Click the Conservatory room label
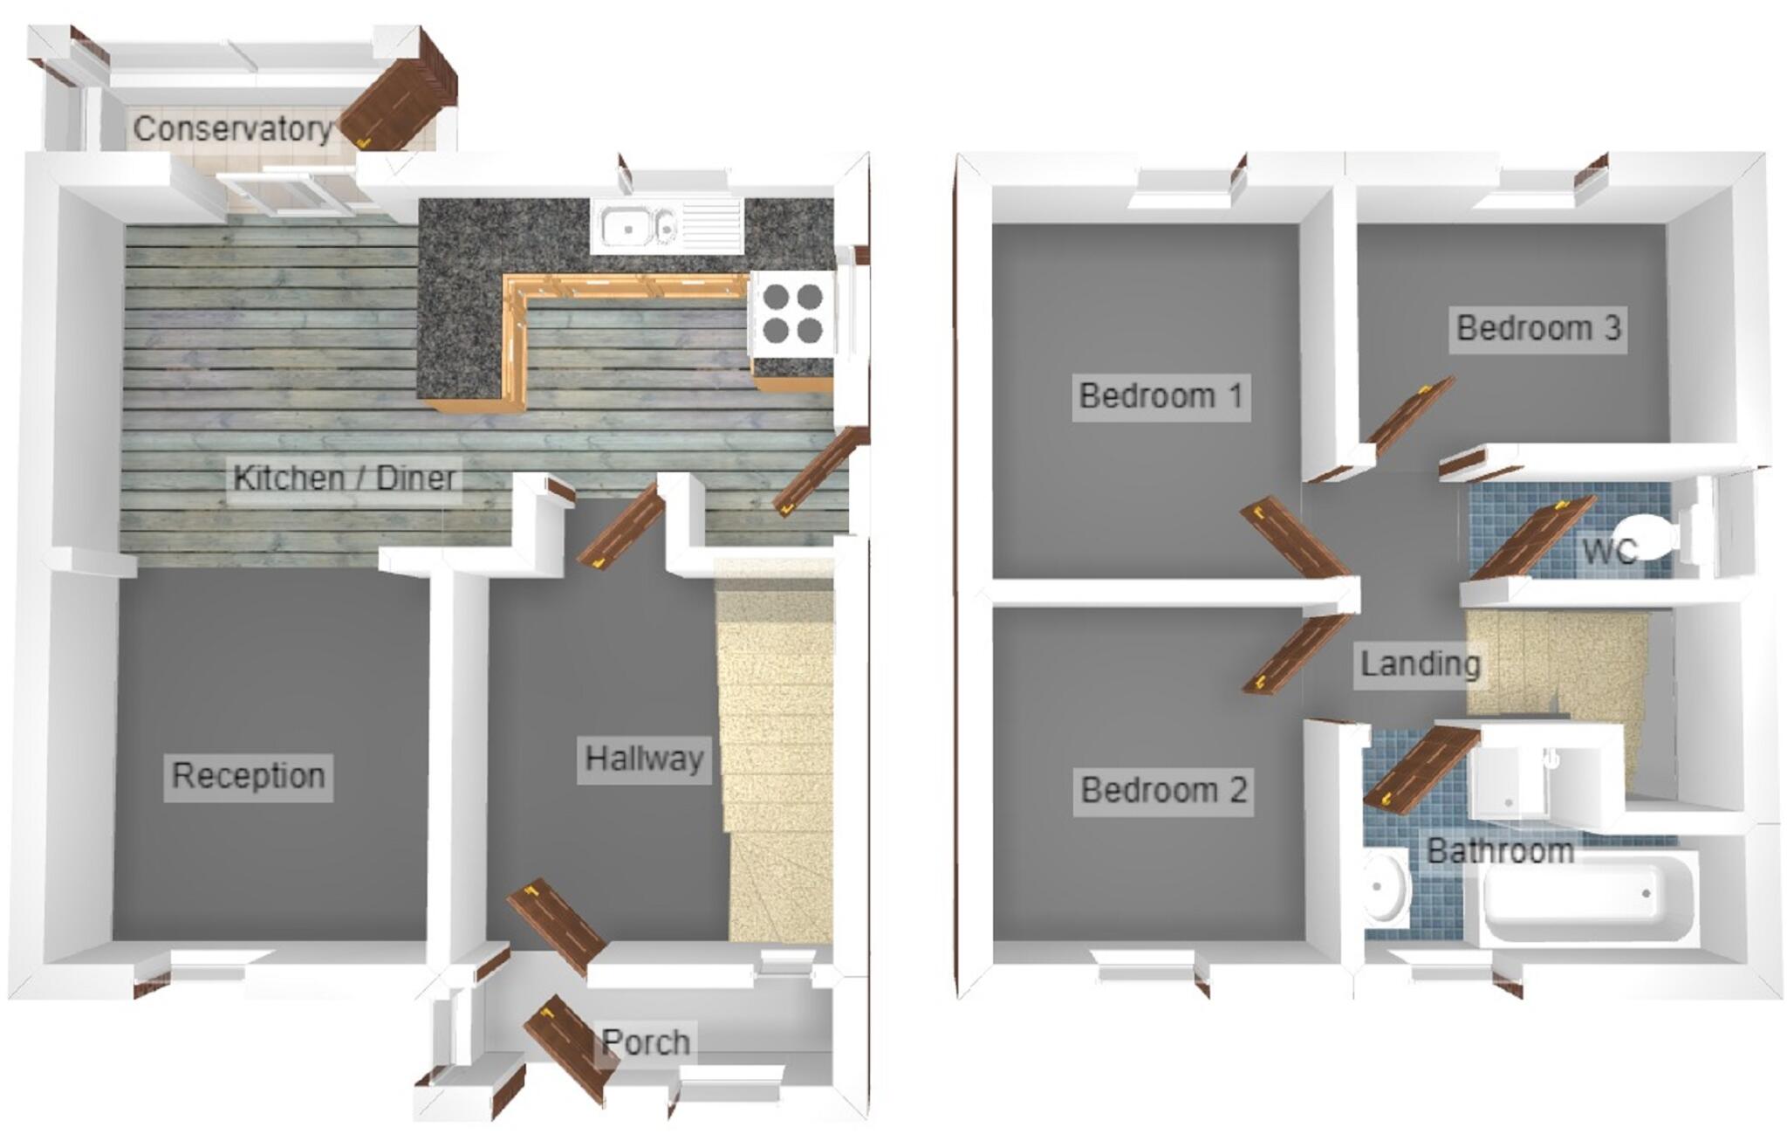[x=232, y=129]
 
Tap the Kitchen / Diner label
[x=345, y=478]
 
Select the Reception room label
[x=249, y=775]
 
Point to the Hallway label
[x=644, y=758]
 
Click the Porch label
[x=646, y=1041]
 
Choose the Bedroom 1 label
[x=1161, y=395]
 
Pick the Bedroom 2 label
[x=1163, y=790]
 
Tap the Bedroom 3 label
[x=1537, y=328]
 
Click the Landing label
[x=1421, y=663]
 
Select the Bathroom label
[x=1500, y=850]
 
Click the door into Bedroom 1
[x=1294, y=538]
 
